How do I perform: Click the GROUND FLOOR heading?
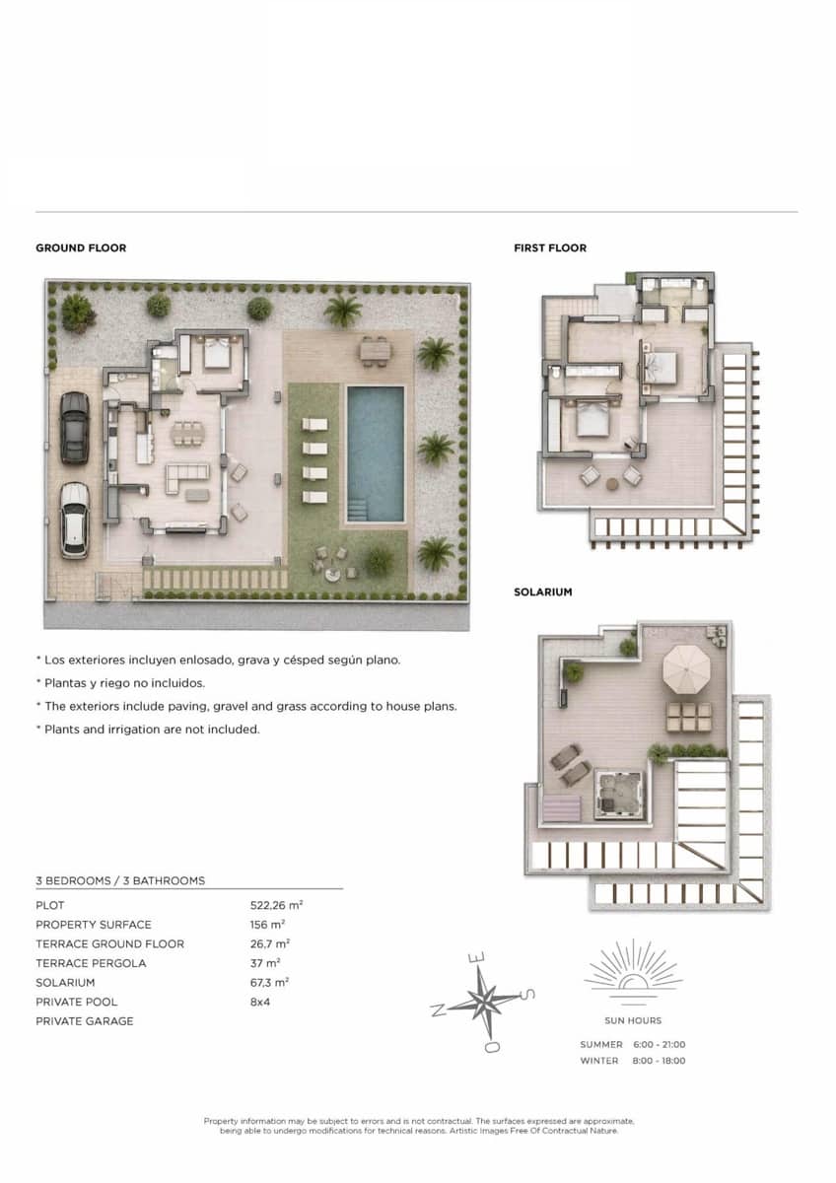tap(81, 248)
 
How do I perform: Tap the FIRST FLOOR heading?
tap(550, 248)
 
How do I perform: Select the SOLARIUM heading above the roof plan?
tap(543, 592)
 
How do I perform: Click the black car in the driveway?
tap(75, 428)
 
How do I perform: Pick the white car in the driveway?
tap(75, 520)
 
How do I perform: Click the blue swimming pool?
tap(376, 454)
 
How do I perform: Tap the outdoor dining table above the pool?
tap(376, 350)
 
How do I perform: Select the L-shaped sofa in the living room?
tap(187, 477)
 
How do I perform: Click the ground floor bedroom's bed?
tap(217, 353)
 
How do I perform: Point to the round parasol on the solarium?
tap(686, 669)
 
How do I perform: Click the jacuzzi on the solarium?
tap(619, 795)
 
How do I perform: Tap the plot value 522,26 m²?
tap(276, 905)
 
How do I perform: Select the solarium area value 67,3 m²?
tap(269, 982)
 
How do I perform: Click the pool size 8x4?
tap(260, 1002)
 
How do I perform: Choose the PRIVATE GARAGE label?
tap(85, 1021)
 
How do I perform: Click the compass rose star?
tap(483, 1001)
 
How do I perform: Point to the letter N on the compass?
tap(438, 1010)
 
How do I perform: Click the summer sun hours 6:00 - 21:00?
tap(660, 1044)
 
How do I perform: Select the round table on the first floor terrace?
tap(612, 483)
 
